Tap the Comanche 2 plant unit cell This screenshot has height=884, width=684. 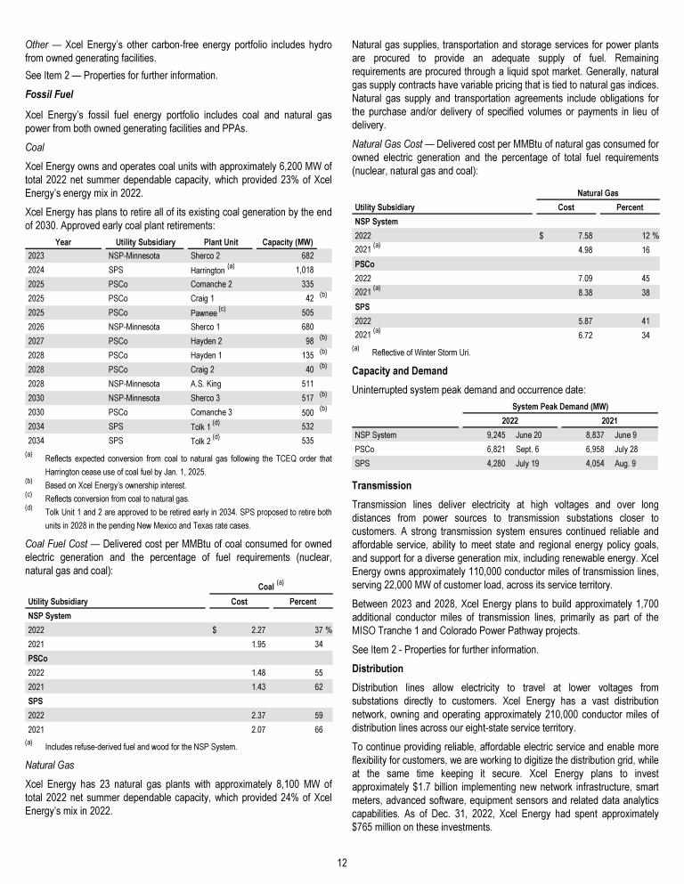[211, 283]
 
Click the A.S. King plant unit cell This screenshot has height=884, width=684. [208, 384]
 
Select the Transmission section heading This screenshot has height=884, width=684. [382, 486]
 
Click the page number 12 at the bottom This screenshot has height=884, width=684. [342, 863]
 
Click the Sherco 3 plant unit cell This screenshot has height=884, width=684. [207, 398]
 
